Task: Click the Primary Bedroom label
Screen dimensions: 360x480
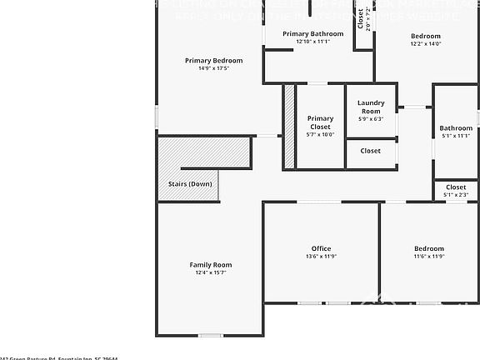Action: (213, 60)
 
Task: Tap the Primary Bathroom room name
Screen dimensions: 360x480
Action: (312, 33)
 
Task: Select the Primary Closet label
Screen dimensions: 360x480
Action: (320, 122)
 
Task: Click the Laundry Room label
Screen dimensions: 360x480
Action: (371, 107)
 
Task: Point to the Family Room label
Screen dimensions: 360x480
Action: (210, 264)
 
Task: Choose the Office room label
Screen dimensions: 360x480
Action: (321, 248)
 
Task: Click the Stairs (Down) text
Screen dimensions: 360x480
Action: (188, 183)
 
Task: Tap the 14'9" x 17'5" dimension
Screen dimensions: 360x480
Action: (213, 68)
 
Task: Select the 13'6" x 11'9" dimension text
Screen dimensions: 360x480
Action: (321, 257)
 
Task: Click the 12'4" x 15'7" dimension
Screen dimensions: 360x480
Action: (211, 272)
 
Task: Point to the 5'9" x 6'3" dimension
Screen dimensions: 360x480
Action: (371, 119)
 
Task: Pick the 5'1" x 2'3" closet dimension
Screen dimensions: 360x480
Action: (456, 195)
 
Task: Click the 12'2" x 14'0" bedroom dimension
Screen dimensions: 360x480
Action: (425, 44)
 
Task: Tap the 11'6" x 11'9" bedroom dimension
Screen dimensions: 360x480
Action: (429, 257)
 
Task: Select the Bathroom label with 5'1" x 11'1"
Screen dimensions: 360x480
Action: (456, 128)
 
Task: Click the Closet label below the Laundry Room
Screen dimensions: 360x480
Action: (371, 151)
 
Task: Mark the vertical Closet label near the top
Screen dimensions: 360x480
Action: (361, 18)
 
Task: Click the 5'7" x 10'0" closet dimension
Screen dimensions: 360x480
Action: (320, 135)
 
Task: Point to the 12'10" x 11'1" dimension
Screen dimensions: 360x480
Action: (312, 41)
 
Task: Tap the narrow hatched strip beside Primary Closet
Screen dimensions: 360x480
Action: (289, 126)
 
